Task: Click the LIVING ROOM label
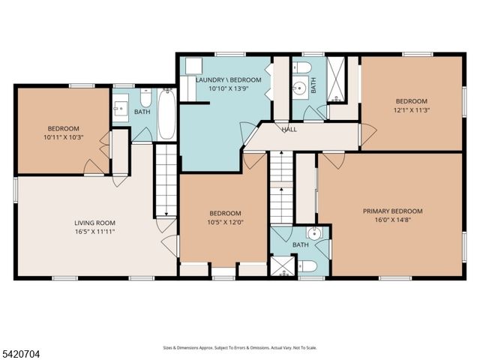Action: (x=94, y=223)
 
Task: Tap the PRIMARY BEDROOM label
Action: (x=392, y=211)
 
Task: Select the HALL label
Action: (x=289, y=129)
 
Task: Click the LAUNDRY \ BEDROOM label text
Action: (x=229, y=79)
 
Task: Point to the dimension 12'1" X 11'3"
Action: (x=411, y=110)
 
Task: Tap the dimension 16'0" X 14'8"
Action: (x=392, y=220)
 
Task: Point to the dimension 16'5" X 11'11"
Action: (x=94, y=232)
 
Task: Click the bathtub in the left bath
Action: (x=166, y=114)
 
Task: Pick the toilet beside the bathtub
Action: (x=145, y=99)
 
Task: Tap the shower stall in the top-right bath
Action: (x=337, y=79)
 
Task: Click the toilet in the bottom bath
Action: (x=307, y=266)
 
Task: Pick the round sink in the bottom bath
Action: (x=315, y=234)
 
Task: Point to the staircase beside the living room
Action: (x=164, y=179)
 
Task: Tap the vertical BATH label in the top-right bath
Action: (x=313, y=86)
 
